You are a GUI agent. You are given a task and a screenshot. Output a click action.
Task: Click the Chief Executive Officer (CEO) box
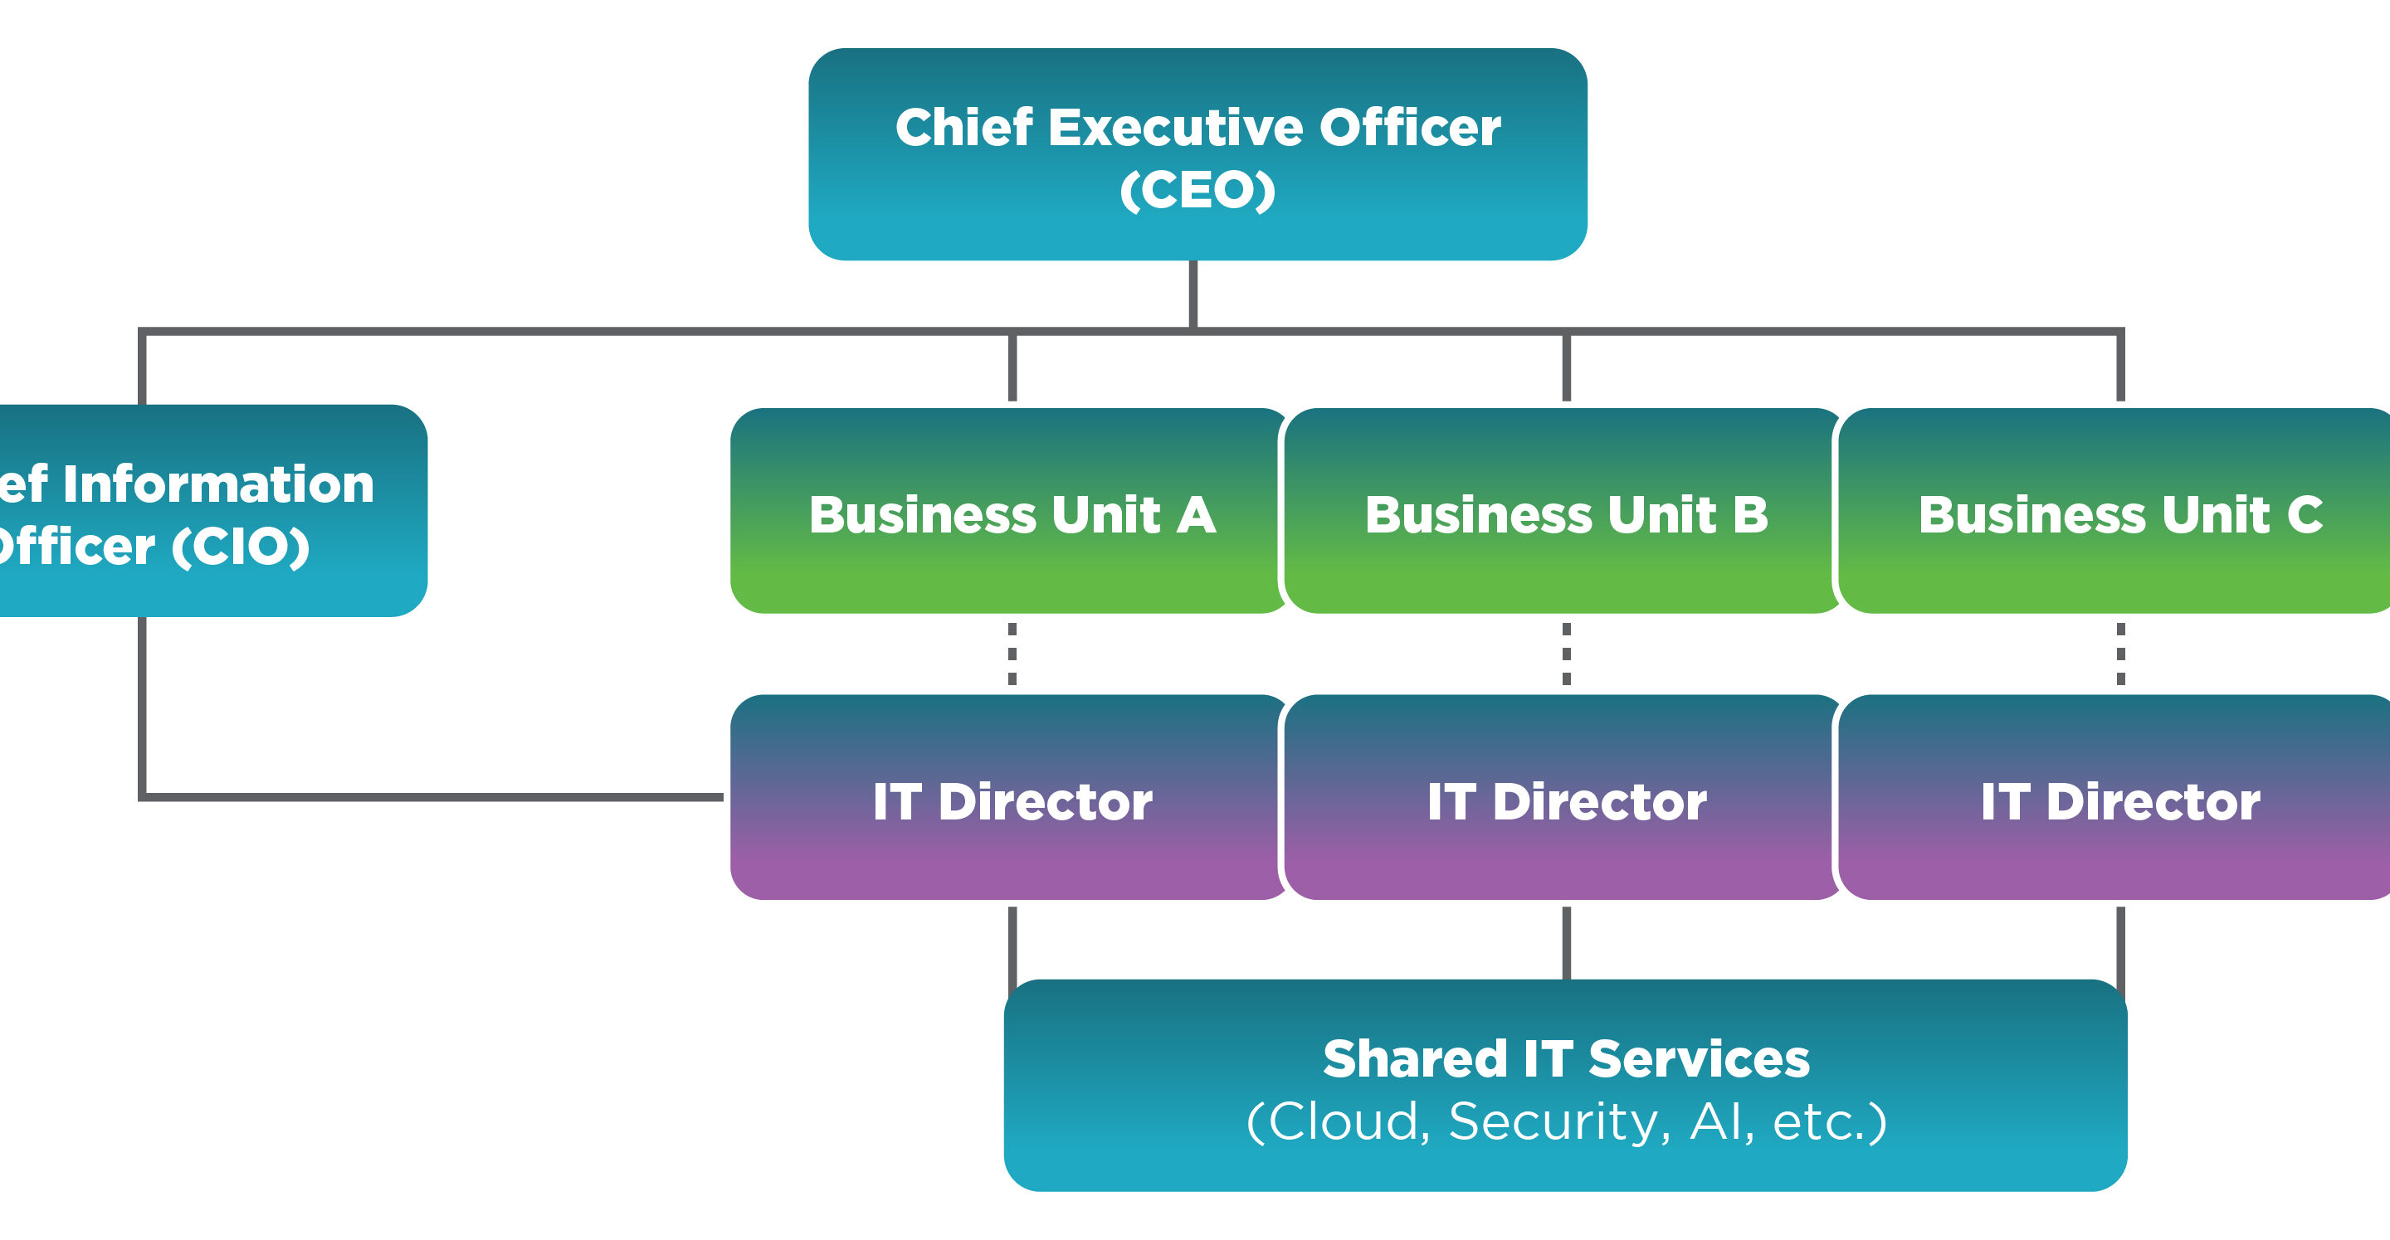click(1197, 154)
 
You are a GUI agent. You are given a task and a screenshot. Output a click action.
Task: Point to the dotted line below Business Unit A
click(1012, 654)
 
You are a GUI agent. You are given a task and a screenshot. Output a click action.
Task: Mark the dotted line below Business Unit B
click(1567, 654)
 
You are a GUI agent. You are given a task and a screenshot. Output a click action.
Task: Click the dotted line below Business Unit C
click(2121, 654)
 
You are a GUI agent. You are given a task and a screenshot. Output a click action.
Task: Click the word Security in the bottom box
click(1558, 1122)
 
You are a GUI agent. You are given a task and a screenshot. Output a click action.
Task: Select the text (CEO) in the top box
click(1197, 191)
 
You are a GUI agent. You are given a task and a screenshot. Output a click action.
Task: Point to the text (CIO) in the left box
click(241, 547)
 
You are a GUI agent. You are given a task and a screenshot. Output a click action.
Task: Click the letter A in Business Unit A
click(1197, 515)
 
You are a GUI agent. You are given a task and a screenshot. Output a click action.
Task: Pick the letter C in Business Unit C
click(2305, 515)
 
